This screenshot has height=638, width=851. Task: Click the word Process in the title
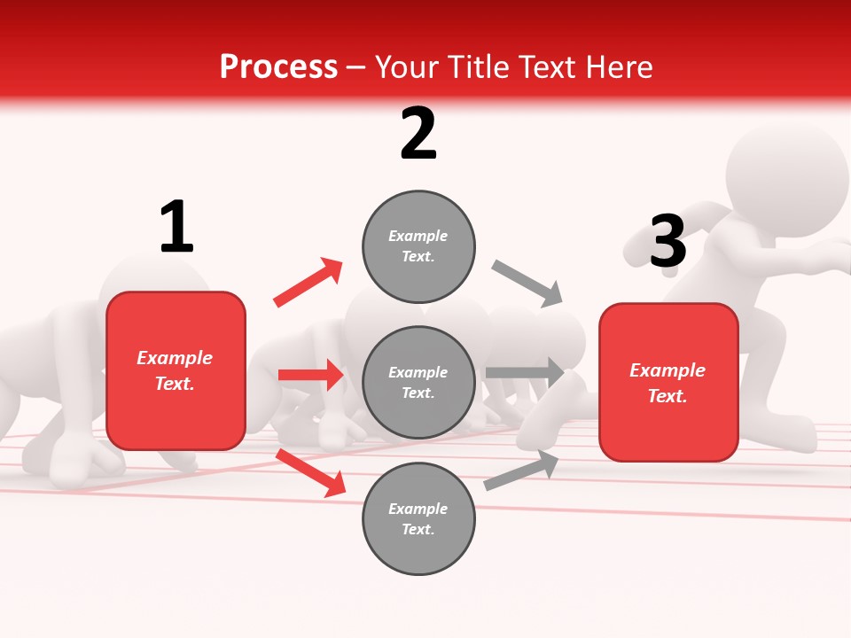click(278, 67)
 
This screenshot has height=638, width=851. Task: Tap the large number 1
click(176, 228)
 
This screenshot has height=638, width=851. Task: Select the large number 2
click(418, 135)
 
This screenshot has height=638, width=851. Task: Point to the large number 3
click(668, 242)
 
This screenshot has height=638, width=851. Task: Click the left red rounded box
click(176, 370)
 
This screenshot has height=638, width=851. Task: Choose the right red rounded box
click(668, 383)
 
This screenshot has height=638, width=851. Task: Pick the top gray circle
click(418, 246)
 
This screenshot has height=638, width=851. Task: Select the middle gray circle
click(418, 382)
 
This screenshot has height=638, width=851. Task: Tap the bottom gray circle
click(418, 518)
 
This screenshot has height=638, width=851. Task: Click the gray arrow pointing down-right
click(527, 283)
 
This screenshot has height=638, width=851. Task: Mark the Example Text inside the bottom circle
click(418, 519)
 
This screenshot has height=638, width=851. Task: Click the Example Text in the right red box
click(668, 383)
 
